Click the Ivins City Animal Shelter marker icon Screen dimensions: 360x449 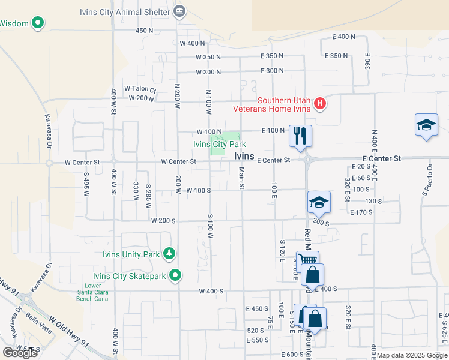tap(179, 11)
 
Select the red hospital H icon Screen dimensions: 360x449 tap(320, 104)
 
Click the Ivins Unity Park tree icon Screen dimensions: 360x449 tap(170, 254)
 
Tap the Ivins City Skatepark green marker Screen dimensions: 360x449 tap(176, 275)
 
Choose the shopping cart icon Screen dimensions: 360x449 tap(307, 260)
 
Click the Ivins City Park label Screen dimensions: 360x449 tap(219, 144)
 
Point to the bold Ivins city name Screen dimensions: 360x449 tap(244, 156)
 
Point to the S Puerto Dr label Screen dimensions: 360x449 tap(427, 181)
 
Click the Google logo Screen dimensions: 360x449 tap(20, 352)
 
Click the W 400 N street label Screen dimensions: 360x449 tap(192, 43)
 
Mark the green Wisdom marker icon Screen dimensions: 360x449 tap(38, 23)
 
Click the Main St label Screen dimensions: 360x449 tap(241, 178)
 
